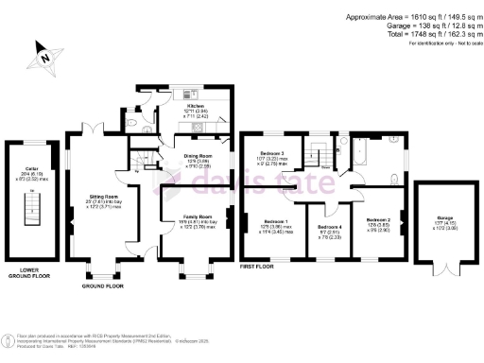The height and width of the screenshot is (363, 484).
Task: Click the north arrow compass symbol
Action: point(44,55)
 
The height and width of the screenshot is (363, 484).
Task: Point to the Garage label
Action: point(443,222)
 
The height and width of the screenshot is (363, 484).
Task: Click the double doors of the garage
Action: point(443,267)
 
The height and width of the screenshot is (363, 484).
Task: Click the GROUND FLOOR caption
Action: point(104,285)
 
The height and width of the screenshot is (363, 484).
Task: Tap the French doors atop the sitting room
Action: point(95,128)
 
